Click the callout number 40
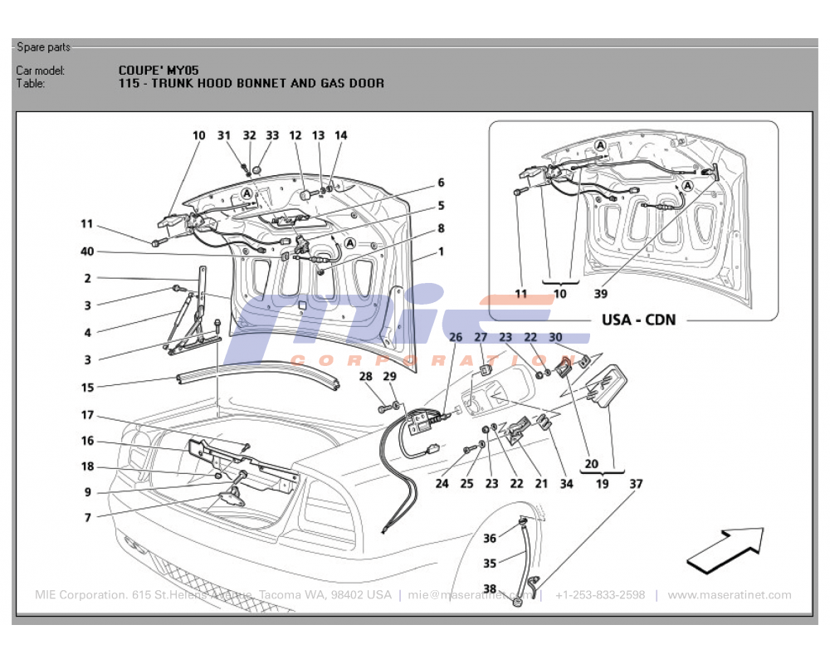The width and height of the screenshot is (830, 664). tap(87, 251)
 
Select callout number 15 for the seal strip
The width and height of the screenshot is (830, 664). tap(87, 387)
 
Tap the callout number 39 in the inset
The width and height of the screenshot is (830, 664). tap(601, 294)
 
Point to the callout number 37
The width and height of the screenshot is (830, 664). tap(636, 483)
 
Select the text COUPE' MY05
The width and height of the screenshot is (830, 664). tap(159, 71)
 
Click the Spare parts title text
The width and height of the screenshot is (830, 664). tap(43, 47)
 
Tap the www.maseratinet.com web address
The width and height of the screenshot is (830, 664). tap(730, 595)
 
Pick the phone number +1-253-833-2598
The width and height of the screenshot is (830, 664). tap(600, 595)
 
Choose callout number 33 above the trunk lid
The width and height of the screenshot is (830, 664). tap(272, 135)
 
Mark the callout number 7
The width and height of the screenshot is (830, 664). tap(87, 517)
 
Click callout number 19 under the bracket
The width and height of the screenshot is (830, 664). tap(602, 483)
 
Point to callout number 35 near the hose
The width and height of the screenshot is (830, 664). tap(490, 564)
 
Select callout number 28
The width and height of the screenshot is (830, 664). tap(365, 377)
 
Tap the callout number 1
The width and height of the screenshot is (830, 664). tap(442, 251)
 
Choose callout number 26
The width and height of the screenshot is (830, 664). tap(456, 337)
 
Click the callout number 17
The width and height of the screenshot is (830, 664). tap(87, 415)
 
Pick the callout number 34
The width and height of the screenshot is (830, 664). tap(566, 483)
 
